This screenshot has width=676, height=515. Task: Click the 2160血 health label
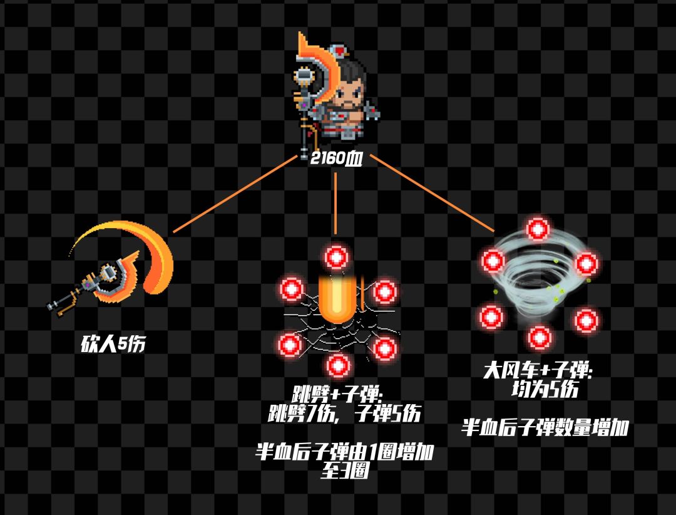coord(336,159)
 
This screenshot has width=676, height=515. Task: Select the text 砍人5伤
coord(113,345)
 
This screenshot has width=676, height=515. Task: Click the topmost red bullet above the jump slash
coord(337,257)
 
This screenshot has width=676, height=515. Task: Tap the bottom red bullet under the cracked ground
coord(337,365)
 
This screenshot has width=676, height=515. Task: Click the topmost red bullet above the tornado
coord(536,229)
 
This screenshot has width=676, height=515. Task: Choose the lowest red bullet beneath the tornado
coord(538,337)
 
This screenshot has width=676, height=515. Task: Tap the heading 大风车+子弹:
coord(538,371)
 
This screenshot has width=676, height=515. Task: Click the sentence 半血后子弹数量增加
coord(545,429)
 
